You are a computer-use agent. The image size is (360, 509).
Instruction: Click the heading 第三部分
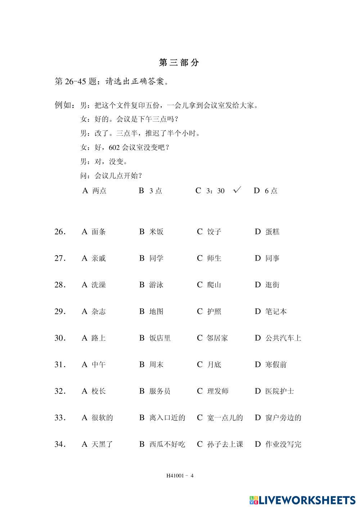[179, 63]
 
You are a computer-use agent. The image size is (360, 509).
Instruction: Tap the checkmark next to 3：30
[237, 190]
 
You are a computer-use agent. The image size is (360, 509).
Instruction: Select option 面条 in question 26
[98, 232]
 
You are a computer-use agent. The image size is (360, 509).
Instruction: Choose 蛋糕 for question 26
[272, 232]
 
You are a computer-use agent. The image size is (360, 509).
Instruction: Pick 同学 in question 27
[156, 258]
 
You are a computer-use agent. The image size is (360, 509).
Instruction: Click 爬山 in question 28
[214, 285]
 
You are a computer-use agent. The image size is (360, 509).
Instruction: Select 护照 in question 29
[214, 312]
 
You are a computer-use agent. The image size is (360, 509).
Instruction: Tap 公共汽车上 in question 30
[283, 338]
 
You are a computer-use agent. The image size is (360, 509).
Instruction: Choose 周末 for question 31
[156, 365]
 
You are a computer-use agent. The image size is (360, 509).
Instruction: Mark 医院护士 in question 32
[279, 391]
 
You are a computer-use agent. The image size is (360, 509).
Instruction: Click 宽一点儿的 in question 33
[225, 418]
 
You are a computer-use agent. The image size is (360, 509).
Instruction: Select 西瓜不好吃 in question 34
[167, 445]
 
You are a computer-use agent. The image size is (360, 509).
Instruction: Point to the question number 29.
[60, 312]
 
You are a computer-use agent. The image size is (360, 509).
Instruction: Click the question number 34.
[60, 445]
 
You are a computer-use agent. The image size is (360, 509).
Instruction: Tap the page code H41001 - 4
[180, 476]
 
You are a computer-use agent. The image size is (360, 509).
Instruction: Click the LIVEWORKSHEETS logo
[302, 500]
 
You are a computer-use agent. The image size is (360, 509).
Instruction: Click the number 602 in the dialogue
[114, 148]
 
